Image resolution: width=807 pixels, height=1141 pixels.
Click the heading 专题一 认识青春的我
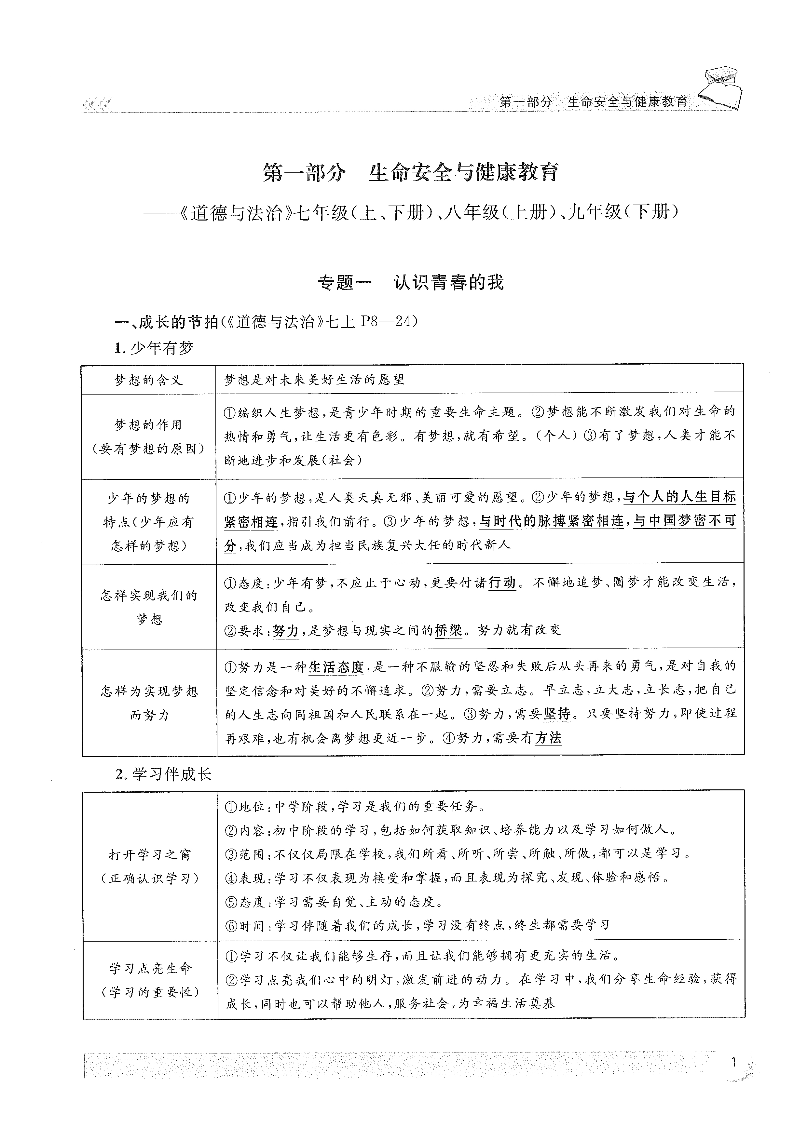[410, 282]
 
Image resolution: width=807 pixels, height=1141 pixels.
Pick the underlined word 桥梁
[448, 630]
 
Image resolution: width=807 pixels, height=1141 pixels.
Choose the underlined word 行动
[502, 583]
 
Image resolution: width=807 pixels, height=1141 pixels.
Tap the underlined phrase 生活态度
[336, 667]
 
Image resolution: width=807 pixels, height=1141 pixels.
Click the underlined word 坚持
[556, 715]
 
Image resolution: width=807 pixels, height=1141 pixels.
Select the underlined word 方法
[548, 738]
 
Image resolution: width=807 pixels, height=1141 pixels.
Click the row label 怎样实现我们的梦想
[149, 607]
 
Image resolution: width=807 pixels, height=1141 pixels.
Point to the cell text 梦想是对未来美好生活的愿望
[314, 380]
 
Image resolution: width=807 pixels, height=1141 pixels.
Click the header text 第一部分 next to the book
[525, 102]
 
